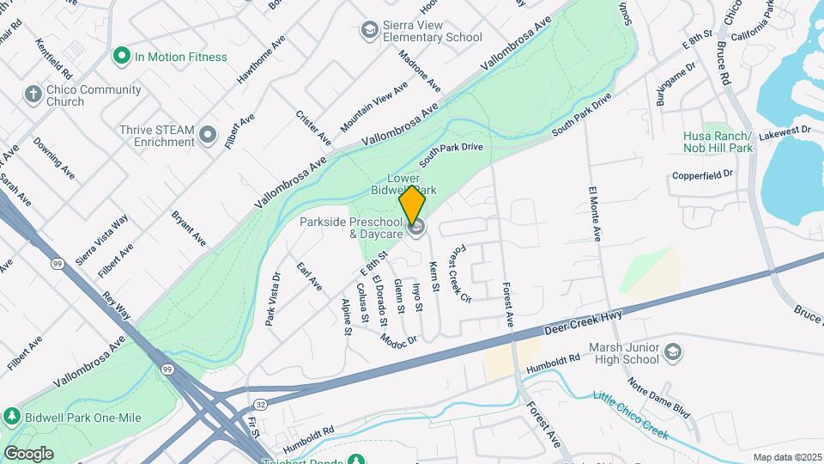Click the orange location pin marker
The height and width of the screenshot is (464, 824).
point(413,205)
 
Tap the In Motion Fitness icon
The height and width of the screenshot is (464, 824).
point(121,57)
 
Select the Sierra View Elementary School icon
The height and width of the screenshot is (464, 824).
point(369,31)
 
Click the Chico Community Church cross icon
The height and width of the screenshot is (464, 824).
point(33,95)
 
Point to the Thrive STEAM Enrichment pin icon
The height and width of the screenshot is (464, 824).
point(207,135)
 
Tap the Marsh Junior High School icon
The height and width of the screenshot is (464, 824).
point(672,353)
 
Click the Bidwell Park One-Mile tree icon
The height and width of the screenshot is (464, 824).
point(12,417)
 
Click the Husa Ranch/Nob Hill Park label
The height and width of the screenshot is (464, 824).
point(718,143)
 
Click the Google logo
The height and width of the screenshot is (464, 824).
point(28,454)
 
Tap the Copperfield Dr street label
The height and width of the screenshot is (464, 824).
point(702,175)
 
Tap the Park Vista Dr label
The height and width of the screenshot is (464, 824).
point(273,299)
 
